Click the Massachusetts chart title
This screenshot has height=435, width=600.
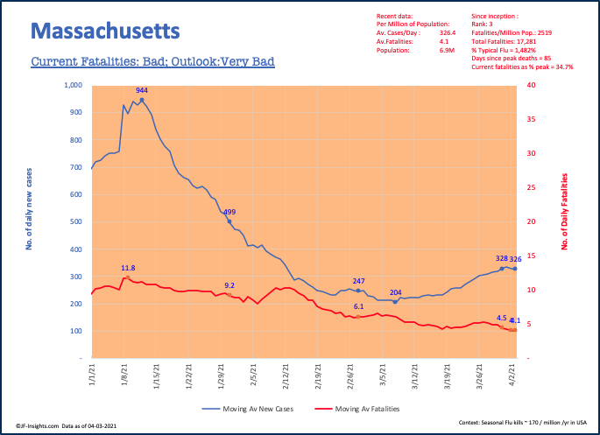pos(106,32)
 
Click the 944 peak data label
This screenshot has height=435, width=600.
pos(142,90)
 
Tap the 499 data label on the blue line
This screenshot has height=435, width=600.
pos(229,213)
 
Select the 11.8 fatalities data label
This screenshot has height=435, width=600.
pos(128,269)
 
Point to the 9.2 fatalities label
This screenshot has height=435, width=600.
pos(229,285)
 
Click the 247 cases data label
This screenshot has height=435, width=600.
pos(357,281)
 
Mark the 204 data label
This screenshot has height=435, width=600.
pos(396,292)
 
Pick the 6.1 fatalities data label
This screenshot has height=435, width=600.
pos(358,306)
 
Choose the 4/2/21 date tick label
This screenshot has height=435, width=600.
pos(513,378)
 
